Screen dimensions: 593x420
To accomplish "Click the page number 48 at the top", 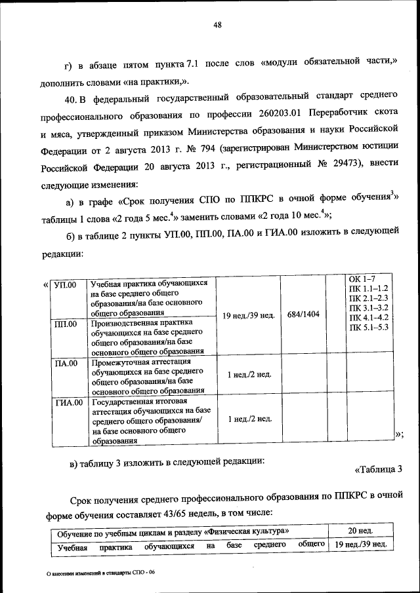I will (x=219, y=26).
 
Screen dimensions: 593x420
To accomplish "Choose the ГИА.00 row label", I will (x=68, y=402).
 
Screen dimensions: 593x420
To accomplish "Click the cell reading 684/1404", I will (x=303, y=315).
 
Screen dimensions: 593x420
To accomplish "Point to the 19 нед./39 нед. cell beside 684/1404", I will (x=248, y=315).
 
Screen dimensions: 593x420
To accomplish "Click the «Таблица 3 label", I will (x=378, y=469).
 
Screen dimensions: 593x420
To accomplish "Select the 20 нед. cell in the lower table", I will (x=360, y=530).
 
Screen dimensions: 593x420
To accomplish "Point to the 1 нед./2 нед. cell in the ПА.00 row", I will (x=248, y=375).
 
